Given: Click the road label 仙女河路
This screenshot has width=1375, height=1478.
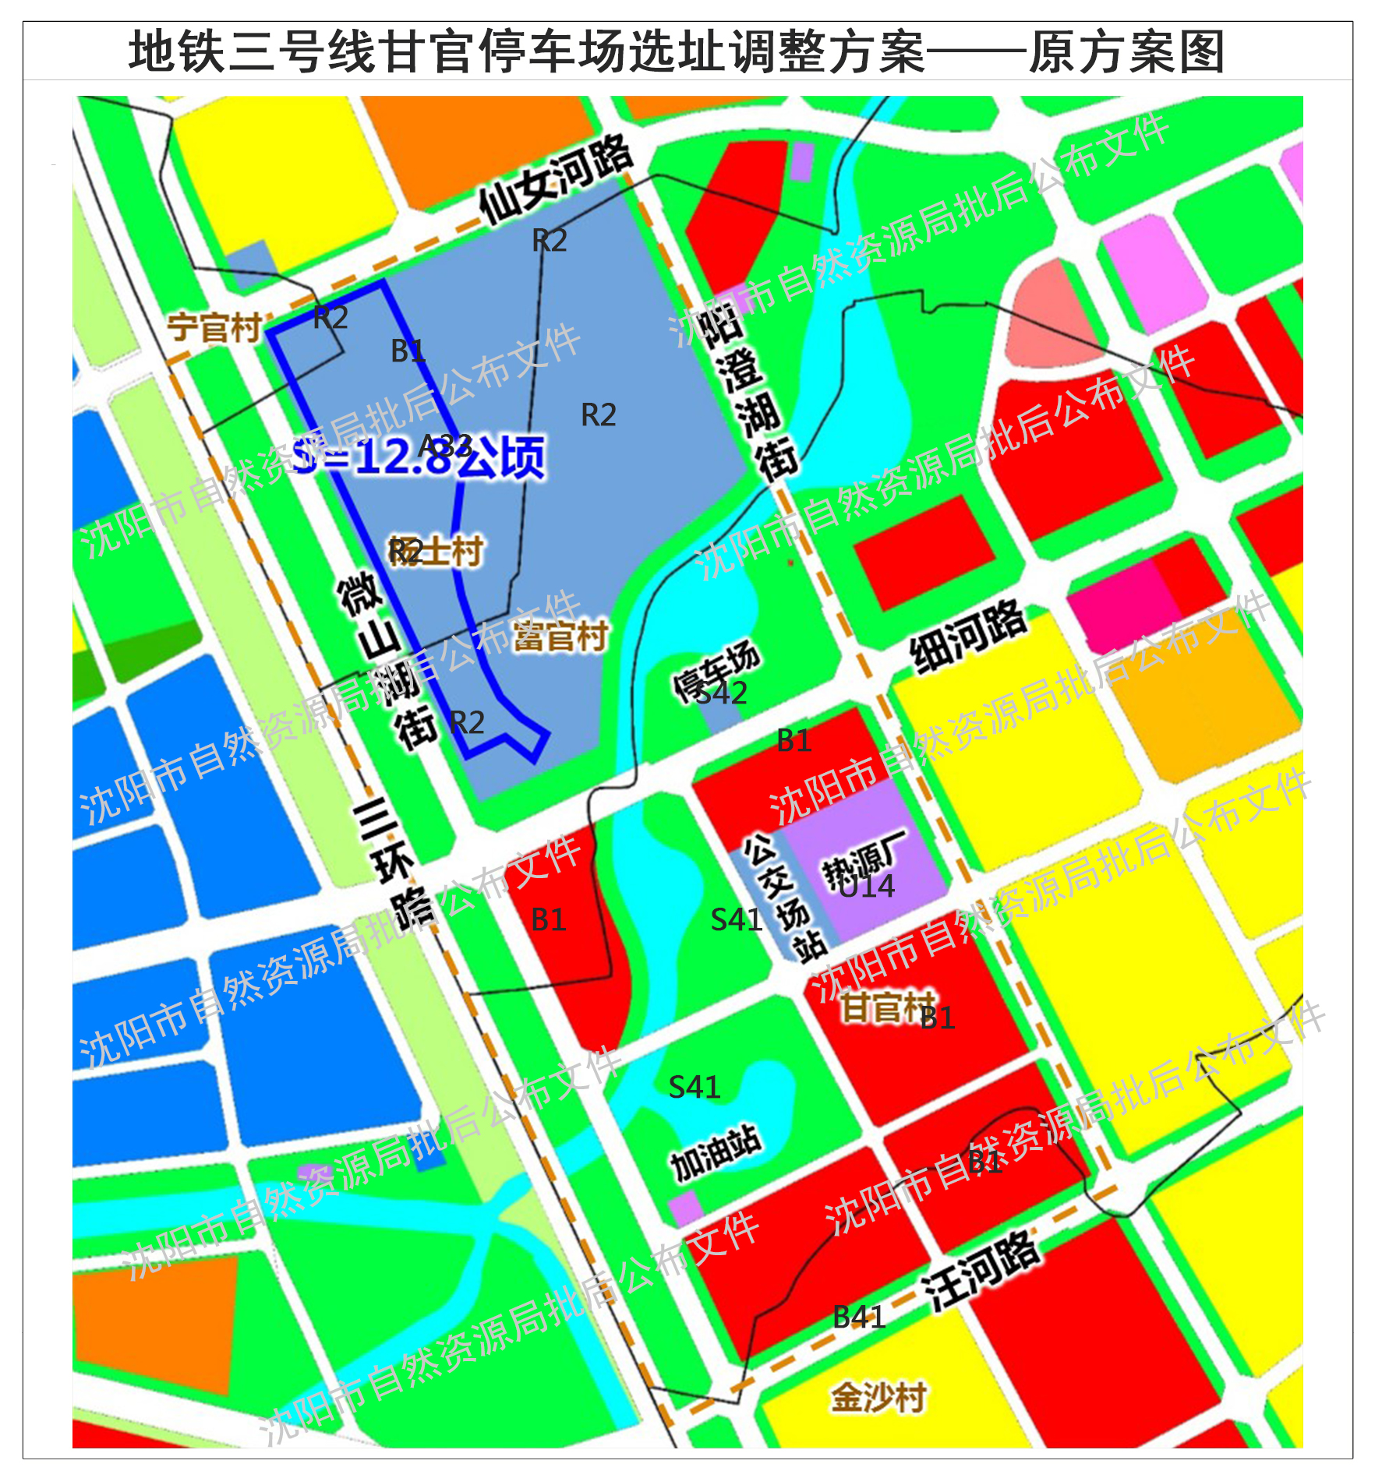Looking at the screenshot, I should [555, 180].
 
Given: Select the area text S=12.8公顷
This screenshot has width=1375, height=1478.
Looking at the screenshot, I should [419, 457].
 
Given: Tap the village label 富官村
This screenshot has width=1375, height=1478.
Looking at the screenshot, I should [560, 636].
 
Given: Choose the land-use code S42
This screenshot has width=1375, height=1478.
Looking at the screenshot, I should [722, 693].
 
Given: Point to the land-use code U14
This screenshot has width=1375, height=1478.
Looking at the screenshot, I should [867, 887].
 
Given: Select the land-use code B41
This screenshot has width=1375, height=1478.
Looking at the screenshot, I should [859, 1317].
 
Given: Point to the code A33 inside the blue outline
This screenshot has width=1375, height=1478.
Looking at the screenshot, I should [445, 446].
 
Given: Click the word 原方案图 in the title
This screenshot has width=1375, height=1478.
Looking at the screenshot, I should [1126, 52].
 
